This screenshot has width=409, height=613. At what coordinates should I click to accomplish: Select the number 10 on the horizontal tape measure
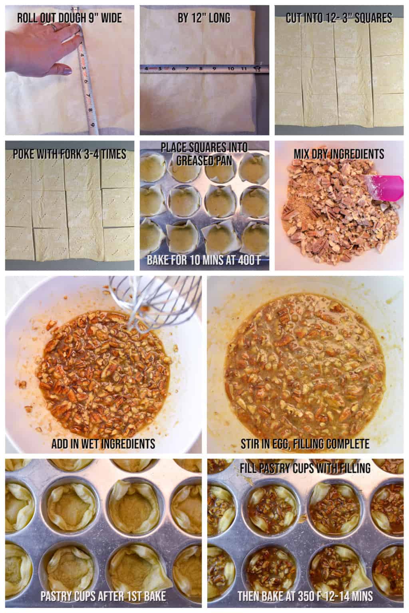(x=230, y=68)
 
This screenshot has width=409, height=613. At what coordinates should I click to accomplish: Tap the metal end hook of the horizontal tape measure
(x=260, y=68)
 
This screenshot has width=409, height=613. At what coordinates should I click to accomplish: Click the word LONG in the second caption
(x=217, y=18)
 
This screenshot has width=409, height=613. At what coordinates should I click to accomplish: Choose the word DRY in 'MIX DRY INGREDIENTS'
(x=326, y=154)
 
